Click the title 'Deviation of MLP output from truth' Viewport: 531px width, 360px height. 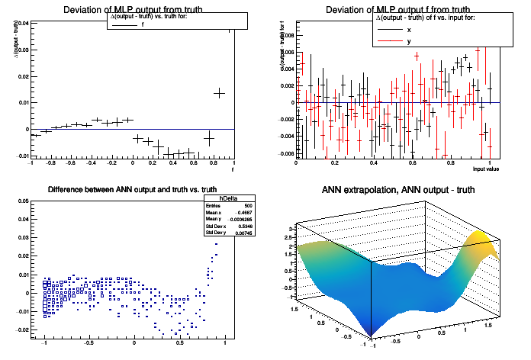coord(131,9)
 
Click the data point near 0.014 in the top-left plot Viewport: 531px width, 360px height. coord(219,92)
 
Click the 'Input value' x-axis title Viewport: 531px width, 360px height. coord(485,169)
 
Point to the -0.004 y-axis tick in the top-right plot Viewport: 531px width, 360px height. coord(284,137)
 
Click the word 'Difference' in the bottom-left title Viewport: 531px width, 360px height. coord(66,190)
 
